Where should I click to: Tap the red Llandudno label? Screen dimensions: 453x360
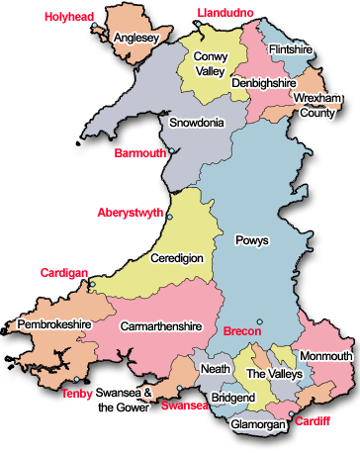click(225, 11)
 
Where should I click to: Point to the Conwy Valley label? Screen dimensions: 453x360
click(211, 64)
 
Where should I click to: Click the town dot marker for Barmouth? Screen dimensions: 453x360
click(171, 151)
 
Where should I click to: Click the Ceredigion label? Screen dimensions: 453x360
click(177, 258)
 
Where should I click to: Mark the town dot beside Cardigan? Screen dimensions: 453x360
click(91, 286)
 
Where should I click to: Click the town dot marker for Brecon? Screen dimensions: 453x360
click(259, 320)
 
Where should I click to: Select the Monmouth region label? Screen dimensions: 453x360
click(325, 356)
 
